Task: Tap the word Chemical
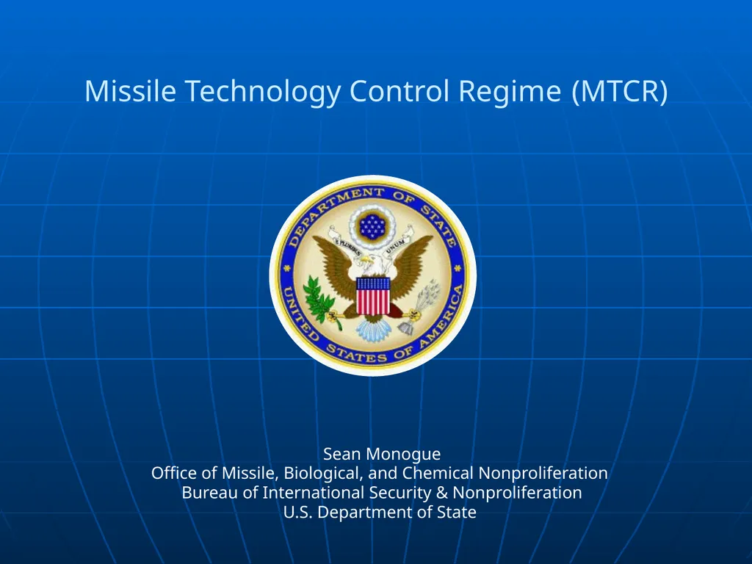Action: (x=438, y=473)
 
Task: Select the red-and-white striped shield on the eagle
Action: (x=373, y=295)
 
